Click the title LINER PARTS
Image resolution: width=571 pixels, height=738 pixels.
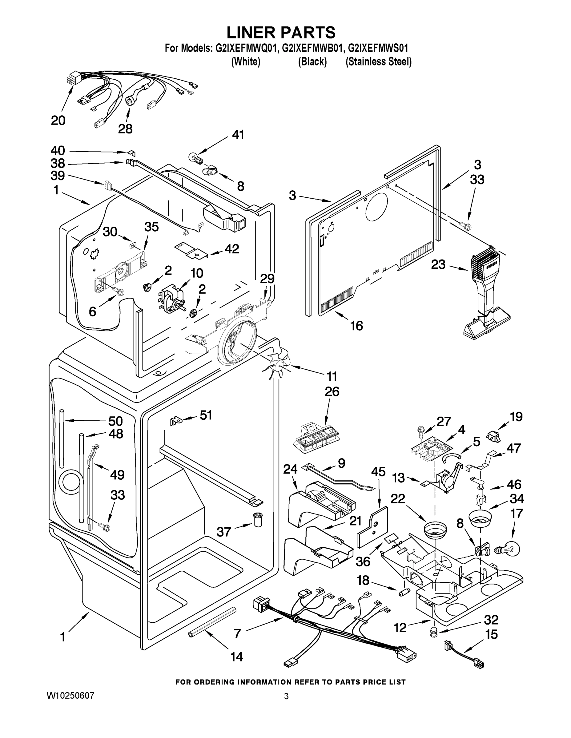point(281,32)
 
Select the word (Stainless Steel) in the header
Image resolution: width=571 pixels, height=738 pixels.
point(379,62)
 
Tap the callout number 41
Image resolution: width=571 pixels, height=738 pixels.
point(238,135)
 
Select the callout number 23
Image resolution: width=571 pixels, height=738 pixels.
point(438,264)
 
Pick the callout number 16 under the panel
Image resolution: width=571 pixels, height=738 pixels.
point(356,326)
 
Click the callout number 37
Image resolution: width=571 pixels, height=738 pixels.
point(223,532)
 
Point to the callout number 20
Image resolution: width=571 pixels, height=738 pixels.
point(58,120)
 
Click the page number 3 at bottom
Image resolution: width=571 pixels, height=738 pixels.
point(286,696)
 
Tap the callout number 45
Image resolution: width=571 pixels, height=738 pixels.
point(378,472)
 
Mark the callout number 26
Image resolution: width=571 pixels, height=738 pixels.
point(332,392)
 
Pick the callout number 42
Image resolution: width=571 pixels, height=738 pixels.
point(232,249)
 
